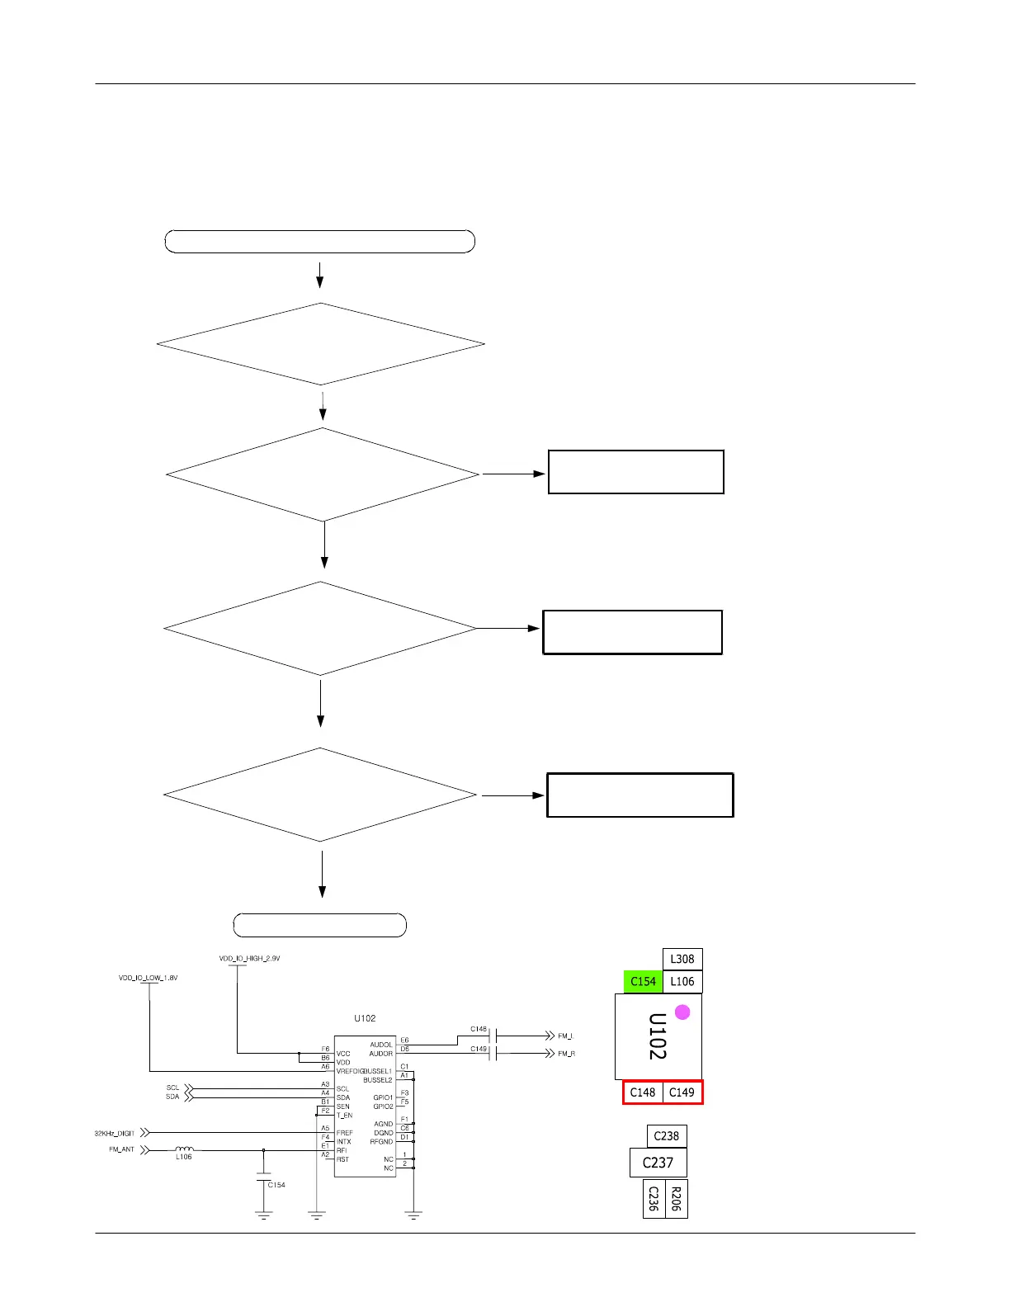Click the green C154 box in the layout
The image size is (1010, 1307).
point(643,981)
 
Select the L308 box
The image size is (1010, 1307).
point(682,959)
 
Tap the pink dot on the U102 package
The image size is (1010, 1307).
point(682,1012)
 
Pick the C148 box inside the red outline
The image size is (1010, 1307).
point(643,1092)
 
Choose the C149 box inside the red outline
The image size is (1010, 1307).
point(682,1092)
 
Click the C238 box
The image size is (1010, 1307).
point(666,1136)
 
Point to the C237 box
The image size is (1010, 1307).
point(658,1163)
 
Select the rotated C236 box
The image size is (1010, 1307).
point(654,1198)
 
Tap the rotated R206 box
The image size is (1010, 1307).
point(676,1198)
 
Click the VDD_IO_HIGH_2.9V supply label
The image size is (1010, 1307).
point(249,959)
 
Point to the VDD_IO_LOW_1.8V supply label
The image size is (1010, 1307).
point(148,978)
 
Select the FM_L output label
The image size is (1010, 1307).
point(565,1036)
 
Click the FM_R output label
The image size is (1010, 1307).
point(566,1054)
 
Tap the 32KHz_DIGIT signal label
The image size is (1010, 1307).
point(114,1134)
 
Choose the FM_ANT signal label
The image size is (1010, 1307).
point(121,1149)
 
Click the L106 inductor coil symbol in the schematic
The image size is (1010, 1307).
point(184,1149)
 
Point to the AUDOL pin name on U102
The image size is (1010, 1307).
point(381,1045)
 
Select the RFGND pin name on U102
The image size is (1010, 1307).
point(381,1142)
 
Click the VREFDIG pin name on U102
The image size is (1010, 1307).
point(350,1071)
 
